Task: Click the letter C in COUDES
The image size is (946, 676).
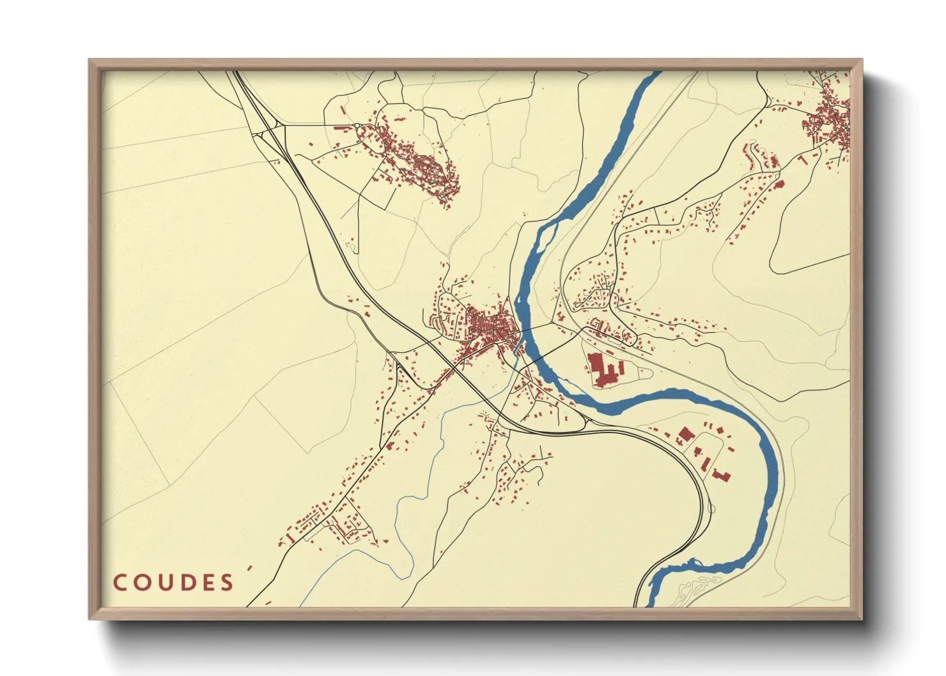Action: pyautogui.click(x=120, y=583)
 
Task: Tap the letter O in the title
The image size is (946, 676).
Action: pyautogui.click(x=141, y=583)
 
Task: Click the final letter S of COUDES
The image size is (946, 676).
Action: pyautogui.click(x=226, y=583)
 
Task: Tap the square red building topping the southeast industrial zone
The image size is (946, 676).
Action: pyautogui.click(x=685, y=434)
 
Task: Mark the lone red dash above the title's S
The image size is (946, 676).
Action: pyautogui.click(x=249, y=567)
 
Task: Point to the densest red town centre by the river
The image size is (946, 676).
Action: pyautogui.click(x=492, y=329)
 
